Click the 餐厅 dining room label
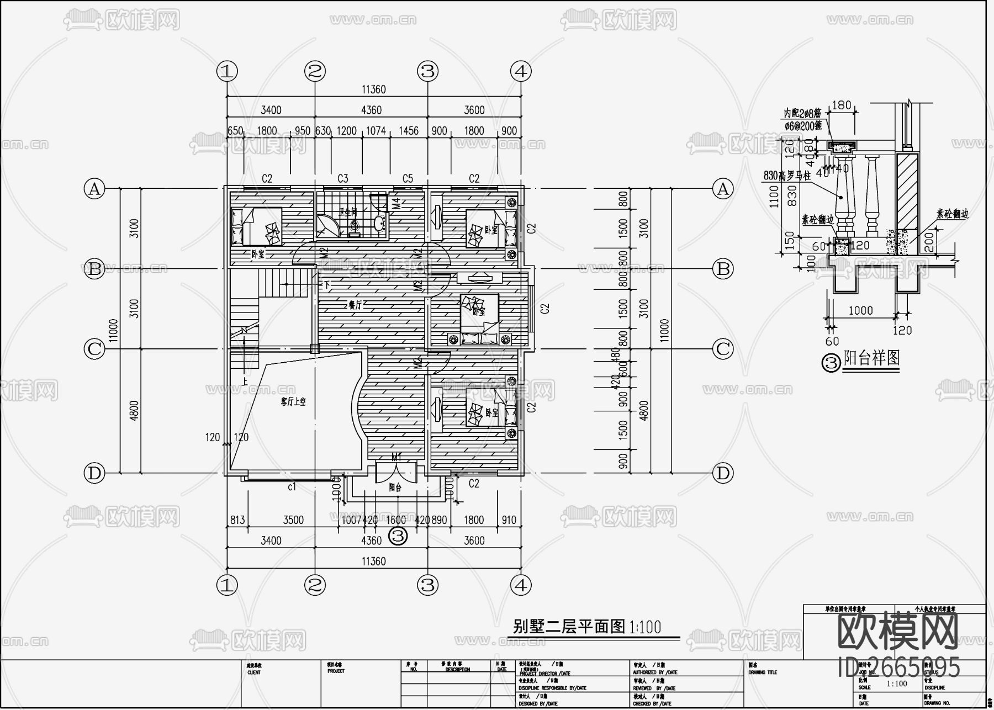[x=355, y=305]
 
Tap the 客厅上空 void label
[x=292, y=402]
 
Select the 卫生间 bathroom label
[x=347, y=211]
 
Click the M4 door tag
[x=396, y=203]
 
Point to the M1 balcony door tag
[x=396, y=458]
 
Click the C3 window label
[x=343, y=178]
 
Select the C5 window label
[x=408, y=178]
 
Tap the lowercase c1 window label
[x=292, y=486]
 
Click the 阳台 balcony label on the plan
[x=395, y=488]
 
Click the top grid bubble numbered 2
[x=315, y=71]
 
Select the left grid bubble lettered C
[x=94, y=349]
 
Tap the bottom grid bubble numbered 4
[x=521, y=585]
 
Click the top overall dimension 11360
[x=374, y=89]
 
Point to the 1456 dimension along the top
[x=408, y=131]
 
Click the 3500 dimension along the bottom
[x=293, y=520]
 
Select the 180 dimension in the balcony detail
[x=841, y=105]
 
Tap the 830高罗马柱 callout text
[x=786, y=176]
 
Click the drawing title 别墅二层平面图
[x=569, y=626]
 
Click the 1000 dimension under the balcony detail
[x=860, y=310]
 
